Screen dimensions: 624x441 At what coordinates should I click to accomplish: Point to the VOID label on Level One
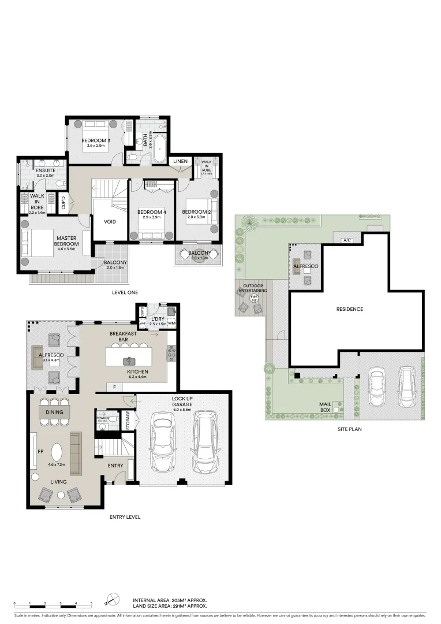tap(110, 221)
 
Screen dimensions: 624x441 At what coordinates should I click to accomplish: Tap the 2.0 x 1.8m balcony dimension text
tap(115, 268)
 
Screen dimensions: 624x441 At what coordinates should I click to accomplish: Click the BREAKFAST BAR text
tap(122, 337)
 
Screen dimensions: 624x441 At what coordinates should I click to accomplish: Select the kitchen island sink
tap(129, 361)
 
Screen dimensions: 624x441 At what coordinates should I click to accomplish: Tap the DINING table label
tap(54, 411)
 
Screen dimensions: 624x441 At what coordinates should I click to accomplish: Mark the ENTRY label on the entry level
tap(115, 465)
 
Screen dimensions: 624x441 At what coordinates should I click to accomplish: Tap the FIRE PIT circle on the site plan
tap(254, 299)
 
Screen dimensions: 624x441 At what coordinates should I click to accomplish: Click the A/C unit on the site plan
tap(347, 240)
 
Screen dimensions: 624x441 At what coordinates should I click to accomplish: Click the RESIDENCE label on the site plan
tap(350, 309)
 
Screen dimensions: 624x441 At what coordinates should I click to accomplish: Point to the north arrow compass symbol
tap(113, 601)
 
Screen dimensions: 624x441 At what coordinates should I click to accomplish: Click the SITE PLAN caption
tap(349, 430)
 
